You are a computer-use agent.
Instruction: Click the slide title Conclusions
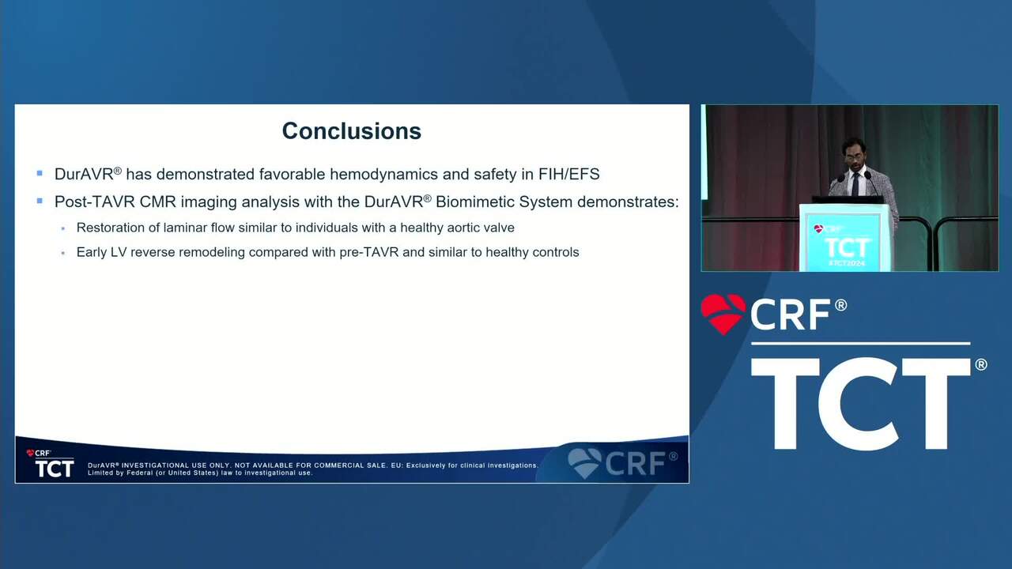pos(352,131)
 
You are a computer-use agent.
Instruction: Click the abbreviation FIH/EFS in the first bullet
pos(568,174)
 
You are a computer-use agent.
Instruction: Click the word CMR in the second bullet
pos(157,202)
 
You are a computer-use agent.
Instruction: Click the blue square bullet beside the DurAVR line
pos(40,173)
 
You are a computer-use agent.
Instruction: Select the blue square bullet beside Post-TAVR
pos(40,201)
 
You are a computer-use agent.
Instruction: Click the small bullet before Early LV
pos(62,254)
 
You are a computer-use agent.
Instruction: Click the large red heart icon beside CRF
pos(723,314)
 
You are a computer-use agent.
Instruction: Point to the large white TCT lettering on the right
pos(861,403)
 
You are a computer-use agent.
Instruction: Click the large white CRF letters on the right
pos(790,315)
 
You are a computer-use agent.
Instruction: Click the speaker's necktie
pos(855,185)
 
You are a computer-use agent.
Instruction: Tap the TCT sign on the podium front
pos(847,248)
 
